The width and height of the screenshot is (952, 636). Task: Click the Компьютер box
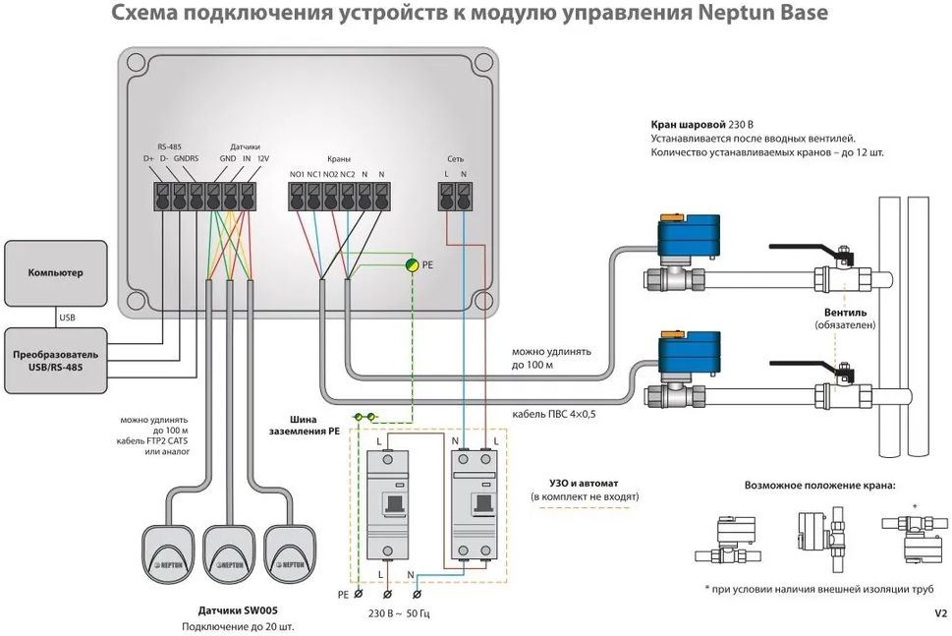tap(55, 272)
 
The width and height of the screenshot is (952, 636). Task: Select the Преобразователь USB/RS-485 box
tap(55, 359)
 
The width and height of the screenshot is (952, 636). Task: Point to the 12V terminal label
tap(262, 158)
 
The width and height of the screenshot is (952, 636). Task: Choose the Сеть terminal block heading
tap(456, 157)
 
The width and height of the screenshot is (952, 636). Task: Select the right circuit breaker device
tap(475, 503)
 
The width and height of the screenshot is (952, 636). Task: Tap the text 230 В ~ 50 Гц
tap(400, 614)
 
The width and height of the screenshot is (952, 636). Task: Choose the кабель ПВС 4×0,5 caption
tap(560, 414)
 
